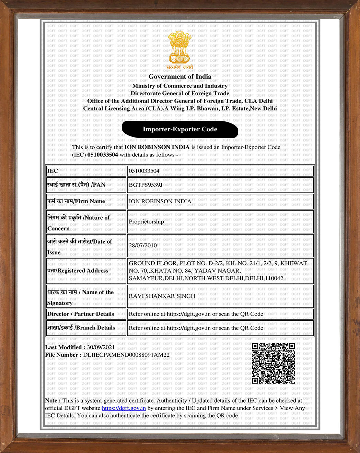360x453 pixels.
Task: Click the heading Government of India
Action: [180, 77]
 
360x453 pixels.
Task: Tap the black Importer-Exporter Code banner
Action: [180, 129]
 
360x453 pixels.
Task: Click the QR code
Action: [274, 363]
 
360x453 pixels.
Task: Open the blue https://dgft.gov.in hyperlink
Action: [124, 408]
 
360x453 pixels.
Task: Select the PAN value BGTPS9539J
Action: [146, 185]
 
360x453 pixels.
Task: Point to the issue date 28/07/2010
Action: [143, 246]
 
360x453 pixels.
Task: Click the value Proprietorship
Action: [146, 222]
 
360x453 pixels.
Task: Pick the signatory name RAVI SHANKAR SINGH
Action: [162, 296]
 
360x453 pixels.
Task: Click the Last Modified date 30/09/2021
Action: [101, 347]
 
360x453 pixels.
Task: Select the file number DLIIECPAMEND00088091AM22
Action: [126, 355]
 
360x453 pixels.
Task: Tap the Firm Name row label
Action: [76, 201]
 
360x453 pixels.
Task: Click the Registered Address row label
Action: [78, 271]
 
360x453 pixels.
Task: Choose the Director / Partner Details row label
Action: [80, 314]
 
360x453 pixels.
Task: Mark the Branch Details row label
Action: [81, 328]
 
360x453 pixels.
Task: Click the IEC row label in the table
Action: [53, 171]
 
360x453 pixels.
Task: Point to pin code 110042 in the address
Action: [274, 278]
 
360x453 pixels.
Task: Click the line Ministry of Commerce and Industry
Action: [180, 86]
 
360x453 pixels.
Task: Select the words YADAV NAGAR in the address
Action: [218, 271]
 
